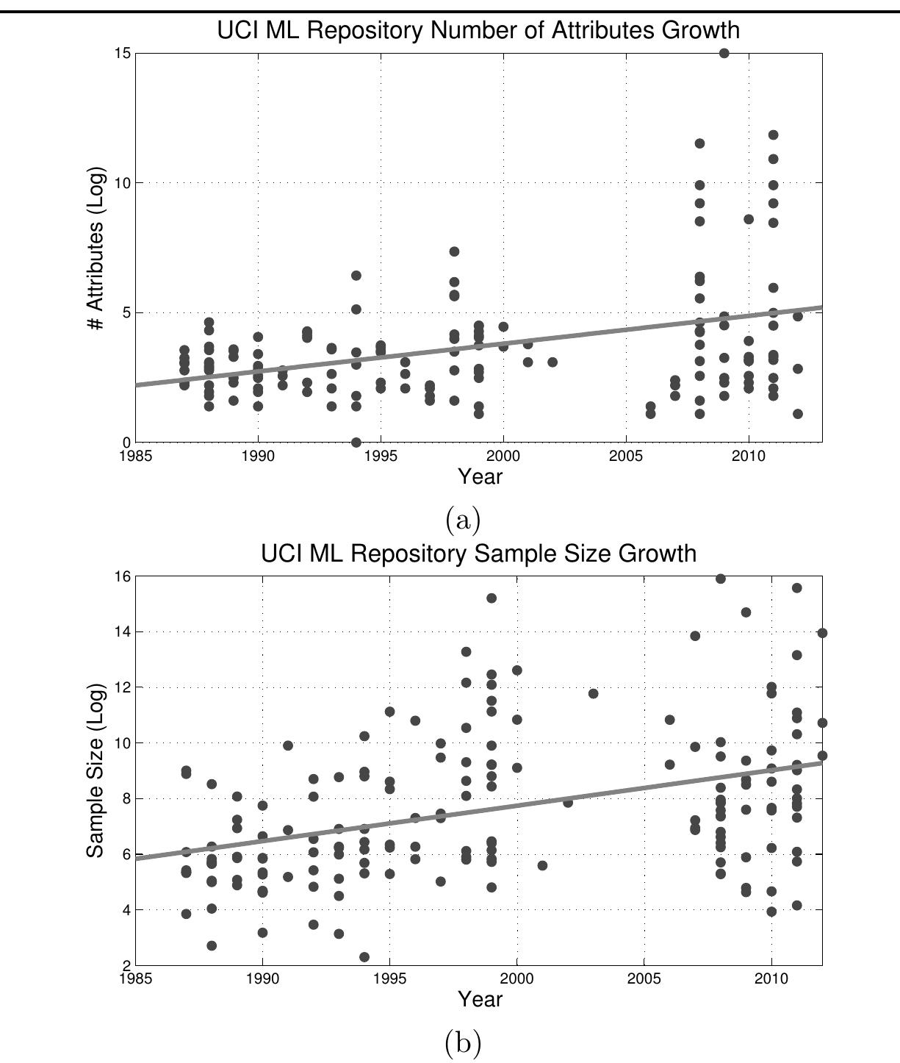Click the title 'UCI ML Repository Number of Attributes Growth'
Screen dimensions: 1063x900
click(x=478, y=30)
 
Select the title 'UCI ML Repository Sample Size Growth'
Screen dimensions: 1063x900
click(x=478, y=553)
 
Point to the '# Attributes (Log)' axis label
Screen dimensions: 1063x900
click(x=97, y=248)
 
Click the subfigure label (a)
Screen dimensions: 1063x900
click(x=463, y=520)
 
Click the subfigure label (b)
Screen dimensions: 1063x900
click(x=463, y=1042)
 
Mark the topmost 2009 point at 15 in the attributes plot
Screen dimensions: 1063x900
click(x=724, y=53)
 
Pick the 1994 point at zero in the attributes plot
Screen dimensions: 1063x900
click(x=356, y=443)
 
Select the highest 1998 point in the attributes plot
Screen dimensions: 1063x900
click(x=454, y=251)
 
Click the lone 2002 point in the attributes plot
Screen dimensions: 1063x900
click(x=552, y=362)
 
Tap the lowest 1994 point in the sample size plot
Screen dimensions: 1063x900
click(x=364, y=957)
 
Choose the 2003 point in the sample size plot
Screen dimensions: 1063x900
click(x=594, y=694)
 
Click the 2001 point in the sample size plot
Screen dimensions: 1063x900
click(x=542, y=865)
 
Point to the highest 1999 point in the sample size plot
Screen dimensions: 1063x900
click(x=492, y=598)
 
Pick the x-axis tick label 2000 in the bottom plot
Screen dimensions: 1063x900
click(x=516, y=979)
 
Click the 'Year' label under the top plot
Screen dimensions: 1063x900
click(x=480, y=476)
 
